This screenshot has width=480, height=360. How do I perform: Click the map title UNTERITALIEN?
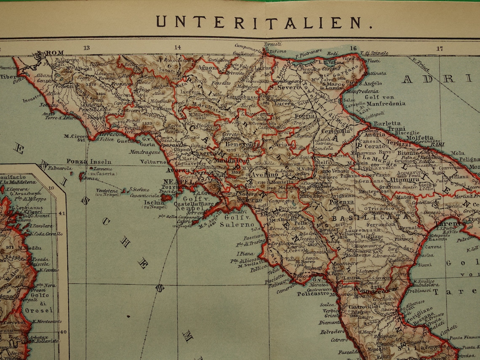click(258, 22)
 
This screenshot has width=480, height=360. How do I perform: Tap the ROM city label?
click(55, 53)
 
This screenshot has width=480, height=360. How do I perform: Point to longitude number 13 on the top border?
click(87, 48)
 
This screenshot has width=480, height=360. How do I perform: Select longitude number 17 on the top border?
click(440, 48)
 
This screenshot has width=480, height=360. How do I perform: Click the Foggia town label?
click(305, 115)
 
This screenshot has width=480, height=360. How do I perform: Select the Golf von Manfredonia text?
click(381, 100)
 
